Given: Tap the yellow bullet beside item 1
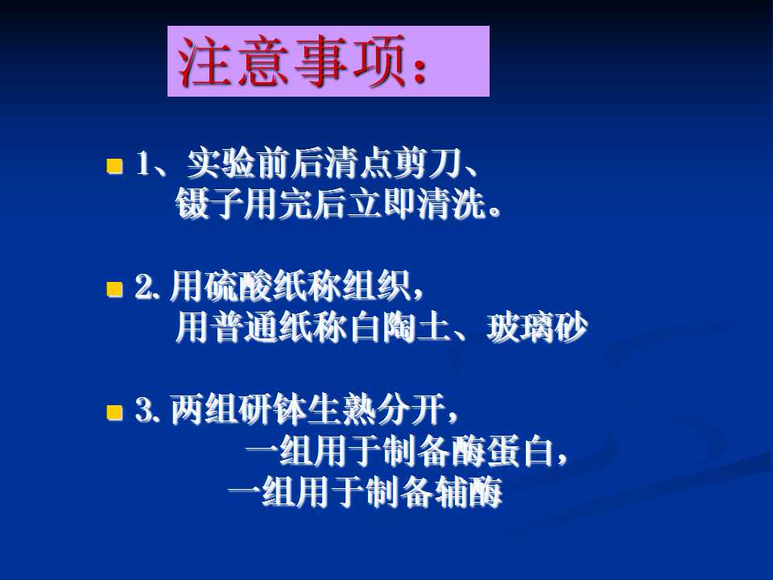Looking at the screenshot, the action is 114,166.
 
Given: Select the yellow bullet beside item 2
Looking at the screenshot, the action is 114,288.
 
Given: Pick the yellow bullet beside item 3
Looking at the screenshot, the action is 114,412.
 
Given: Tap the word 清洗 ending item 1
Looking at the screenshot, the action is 452,204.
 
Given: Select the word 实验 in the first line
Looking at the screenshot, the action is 221,164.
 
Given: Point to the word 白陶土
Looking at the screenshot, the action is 399,328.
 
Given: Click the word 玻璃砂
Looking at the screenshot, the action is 537,328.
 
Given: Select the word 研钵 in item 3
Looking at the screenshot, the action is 273,409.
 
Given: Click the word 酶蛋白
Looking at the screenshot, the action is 502,451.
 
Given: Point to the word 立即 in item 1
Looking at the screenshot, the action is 383,204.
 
